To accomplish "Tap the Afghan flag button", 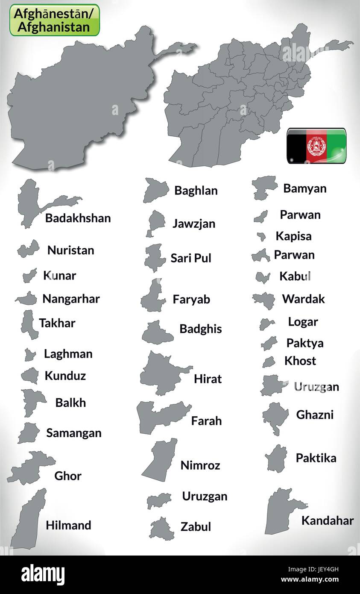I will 316,146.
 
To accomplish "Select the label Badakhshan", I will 78,218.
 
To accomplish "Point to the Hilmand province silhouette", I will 29,519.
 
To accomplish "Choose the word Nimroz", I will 200,465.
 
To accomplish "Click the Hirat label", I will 208,379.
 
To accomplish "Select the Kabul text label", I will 295,276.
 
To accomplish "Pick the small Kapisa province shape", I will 261,236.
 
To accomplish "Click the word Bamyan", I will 305,188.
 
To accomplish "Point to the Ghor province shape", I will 31,468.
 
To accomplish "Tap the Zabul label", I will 196,526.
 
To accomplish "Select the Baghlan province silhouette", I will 155,190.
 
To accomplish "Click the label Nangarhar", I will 71,299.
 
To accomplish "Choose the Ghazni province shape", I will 275,417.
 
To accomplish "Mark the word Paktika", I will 316,458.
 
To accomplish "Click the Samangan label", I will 74,433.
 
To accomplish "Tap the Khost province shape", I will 268,362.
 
